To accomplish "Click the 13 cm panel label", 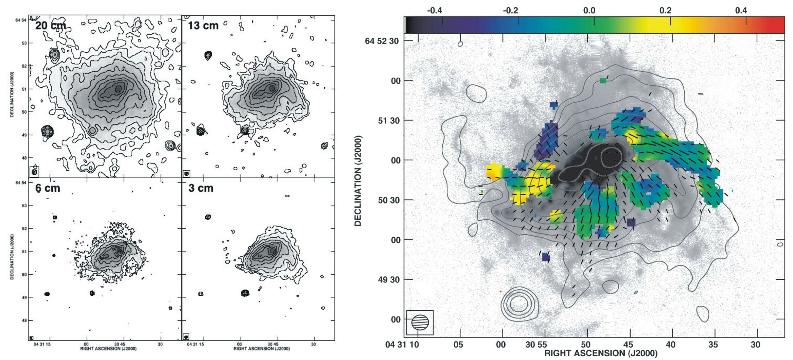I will coord(203,25).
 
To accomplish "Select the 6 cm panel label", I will coord(48,188).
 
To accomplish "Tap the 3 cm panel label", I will coord(201,188).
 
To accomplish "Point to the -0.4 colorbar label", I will coord(434,11).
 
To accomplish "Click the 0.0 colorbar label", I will coord(589,11).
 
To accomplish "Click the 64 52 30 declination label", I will coord(382,41).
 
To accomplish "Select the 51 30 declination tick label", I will coord(389,121).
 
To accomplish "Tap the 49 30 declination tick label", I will coord(389,280).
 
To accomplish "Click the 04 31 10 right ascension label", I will coord(402,345).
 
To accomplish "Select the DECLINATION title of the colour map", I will coord(358,181).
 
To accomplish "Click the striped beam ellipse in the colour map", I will coord(420,322).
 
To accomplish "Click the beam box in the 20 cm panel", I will coord(34,172).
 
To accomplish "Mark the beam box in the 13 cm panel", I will coord(186,174).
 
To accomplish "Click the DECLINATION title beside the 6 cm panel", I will coord(12,257).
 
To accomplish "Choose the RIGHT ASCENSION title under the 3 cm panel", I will coord(262,348).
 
